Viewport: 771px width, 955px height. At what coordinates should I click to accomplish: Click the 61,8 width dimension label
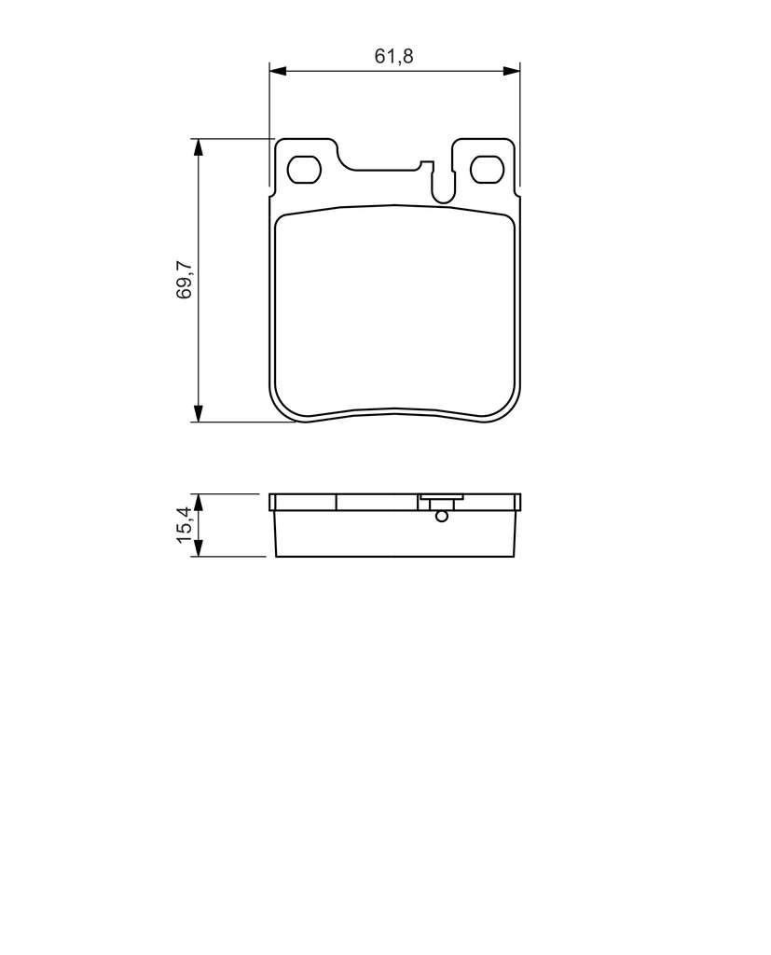pos(393,56)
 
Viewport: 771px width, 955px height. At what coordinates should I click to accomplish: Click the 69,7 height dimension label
pos(184,280)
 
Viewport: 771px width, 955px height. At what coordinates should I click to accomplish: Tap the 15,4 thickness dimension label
pos(184,524)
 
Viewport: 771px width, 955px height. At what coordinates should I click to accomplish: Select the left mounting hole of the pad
pos(304,170)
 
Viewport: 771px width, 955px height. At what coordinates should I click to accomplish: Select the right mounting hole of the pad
pos(488,170)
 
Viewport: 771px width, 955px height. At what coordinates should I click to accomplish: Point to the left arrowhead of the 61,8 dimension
pos(277,71)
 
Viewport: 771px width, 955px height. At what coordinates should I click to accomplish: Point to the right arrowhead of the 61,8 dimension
pos(512,71)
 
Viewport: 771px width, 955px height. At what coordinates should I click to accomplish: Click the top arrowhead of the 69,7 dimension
pos(198,146)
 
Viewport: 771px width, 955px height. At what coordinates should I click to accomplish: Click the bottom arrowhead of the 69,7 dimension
pos(198,413)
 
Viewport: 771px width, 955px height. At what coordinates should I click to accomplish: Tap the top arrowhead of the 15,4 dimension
pos(198,502)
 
